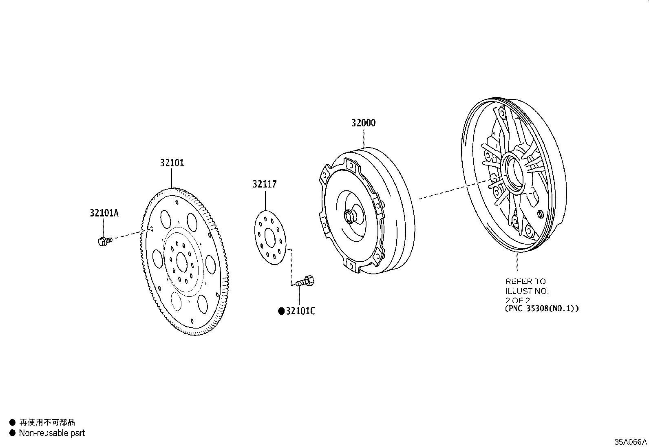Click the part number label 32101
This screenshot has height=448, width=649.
click(x=172, y=163)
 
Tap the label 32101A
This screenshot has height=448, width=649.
click(x=104, y=213)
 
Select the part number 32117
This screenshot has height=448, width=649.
click(x=264, y=184)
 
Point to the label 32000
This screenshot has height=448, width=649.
click(x=364, y=123)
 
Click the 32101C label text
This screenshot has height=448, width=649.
click(x=300, y=311)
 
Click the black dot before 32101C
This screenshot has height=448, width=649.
click(x=281, y=311)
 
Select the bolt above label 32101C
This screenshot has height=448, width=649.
click(x=306, y=281)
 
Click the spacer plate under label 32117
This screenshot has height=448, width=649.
click(x=270, y=237)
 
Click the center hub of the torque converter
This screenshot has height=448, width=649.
click(x=349, y=216)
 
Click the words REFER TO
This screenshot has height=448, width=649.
click(x=525, y=281)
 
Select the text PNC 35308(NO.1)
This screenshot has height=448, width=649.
click(x=541, y=309)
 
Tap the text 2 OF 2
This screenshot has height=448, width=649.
click(x=518, y=300)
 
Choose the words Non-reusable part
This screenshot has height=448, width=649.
click(x=52, y=433)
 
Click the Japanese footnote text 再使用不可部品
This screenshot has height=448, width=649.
click(x=47, y=422)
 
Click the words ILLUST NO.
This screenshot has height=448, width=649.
click(x=527, y=291)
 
